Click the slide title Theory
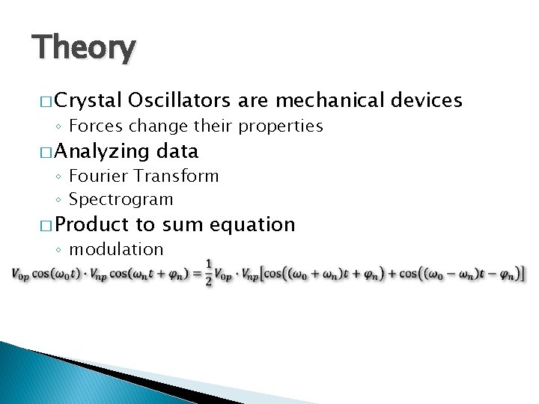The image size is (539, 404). [84, 49]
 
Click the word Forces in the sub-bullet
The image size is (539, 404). [93, 126]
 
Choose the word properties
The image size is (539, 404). [280, 126]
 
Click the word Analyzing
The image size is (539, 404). [102, 152]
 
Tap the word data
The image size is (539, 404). [177, 151]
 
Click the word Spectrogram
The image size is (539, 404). [121, 200]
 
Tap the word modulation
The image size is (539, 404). [115, 249]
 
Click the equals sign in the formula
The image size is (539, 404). [196, 275]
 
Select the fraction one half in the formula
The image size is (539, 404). [209, 274]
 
